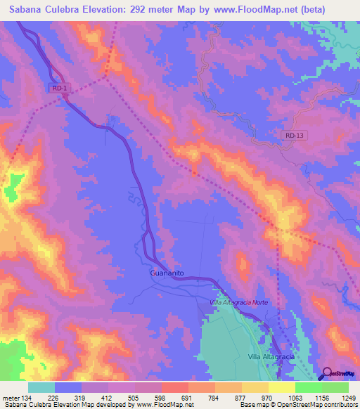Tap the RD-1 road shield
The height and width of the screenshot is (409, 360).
click(60, 88)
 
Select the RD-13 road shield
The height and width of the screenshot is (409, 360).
click(297, 135)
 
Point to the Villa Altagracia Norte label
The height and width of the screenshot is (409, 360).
click(239, 301)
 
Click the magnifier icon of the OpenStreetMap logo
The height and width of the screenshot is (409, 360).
click(325, 372)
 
